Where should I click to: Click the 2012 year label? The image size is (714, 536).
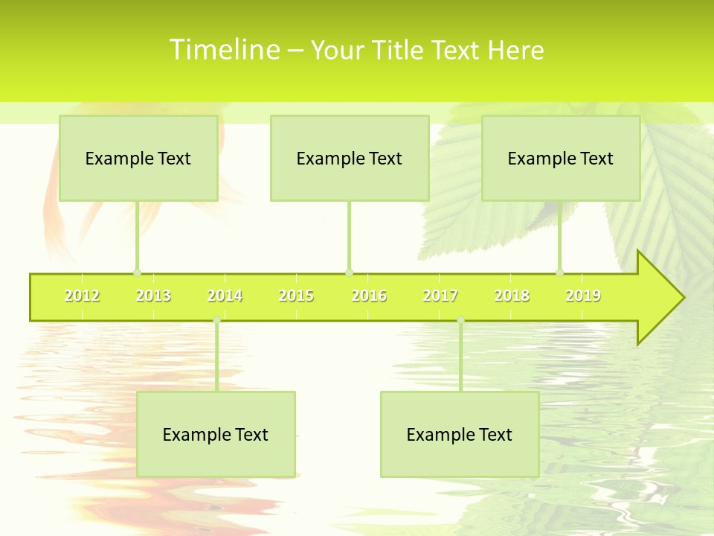pyautogui.click(x=82, y=296)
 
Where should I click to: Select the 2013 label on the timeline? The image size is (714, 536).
pyautogui.click(x=153, y=296)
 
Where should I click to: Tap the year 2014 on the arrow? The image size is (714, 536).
pyautogui.click(x=225, y=296)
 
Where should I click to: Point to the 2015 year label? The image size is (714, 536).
pyautogui.click(x=296, y=296)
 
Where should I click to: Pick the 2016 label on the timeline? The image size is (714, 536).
pyautogui.click(x=369, y=296)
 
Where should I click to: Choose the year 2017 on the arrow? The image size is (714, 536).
pyautogui.click(x=440, y=296)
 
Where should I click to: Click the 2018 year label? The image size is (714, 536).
pyautogui.click(x=512, y=296)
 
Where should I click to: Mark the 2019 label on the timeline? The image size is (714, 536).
pyautogui.click(x=583, y=296)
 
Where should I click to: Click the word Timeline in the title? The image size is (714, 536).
pyautogui.click(x=223, y=50)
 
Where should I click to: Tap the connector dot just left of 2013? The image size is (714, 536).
pyautogui.click(x=137, y=272)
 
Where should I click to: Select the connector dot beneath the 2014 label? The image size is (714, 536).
pyautogui.click(x=216, y=320)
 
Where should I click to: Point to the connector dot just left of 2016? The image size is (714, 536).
pyautogui.click(x=349, y=272)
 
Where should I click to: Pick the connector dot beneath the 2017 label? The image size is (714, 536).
pyautogui.click(x=460, y=320)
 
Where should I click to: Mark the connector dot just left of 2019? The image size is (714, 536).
pyautogui.click(x=559, y=272)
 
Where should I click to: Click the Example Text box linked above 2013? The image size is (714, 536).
pyautogui.click(x=138, y=158)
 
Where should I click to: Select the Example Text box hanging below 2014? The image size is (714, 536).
pyautogui.click(x=216, y=434)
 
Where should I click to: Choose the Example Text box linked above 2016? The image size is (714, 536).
pyautogui.click(x=350, y=158)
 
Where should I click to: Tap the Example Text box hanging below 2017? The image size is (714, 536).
pyautogui.click(x=460, y=434)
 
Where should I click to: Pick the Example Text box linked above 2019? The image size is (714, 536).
pyautogui.click(x=561, y=158)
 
